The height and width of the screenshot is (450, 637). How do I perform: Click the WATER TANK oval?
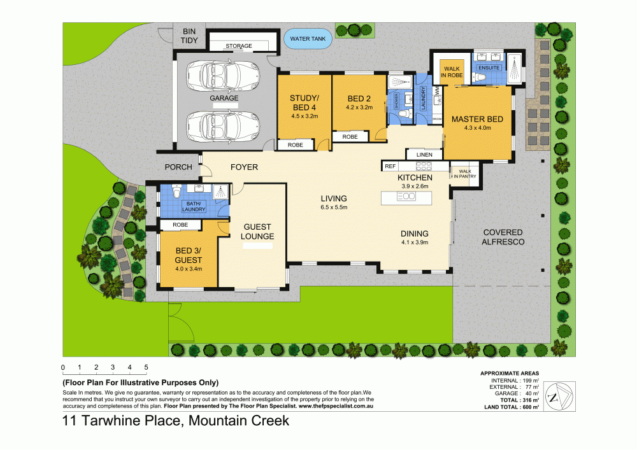pyautogui.click(x=308, y=39)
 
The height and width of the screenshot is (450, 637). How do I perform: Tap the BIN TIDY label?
pyautogui.click(x=190, y=36)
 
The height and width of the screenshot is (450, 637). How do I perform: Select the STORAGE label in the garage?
pyautogui.click(x=240, y=46)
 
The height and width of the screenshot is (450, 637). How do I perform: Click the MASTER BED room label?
pyautogui.click(x=477, y=120)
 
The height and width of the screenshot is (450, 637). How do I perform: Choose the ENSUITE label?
pyautogui.click(x=489, y=67)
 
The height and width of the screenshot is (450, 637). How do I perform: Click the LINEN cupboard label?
pyautogui.click(x=424, y=155)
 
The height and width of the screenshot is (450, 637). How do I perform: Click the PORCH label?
pyautogui.click(x=178, y=167)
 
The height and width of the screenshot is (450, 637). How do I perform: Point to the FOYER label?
pyautogui.click(x=244, y=167)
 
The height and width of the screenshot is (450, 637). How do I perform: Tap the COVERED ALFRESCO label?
pyautogui.click(x=503, y=237)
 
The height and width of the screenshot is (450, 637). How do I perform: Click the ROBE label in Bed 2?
pyautogui.click(x=350, y=137)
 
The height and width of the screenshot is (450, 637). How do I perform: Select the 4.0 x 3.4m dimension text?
pyautogui.click(x=189, y=269)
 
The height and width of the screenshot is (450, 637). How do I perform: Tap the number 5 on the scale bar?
pyautogui.click(x=146, y=367)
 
